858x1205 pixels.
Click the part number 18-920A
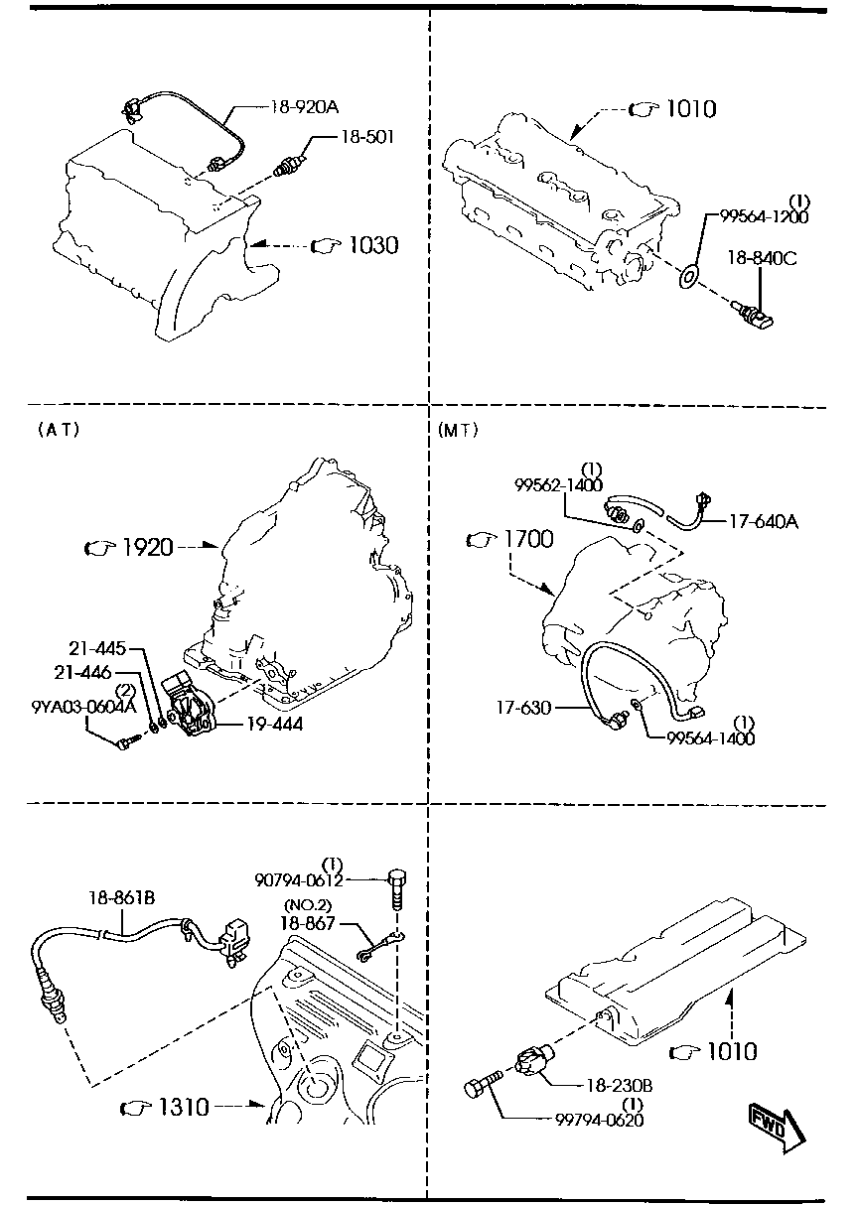click(x=304, y=107)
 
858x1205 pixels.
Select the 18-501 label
click(x=366, y=137)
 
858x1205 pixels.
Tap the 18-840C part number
click(x=762, y=258)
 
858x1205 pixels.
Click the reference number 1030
click(x=373, y=245)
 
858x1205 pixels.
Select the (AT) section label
click(x=59, y=430)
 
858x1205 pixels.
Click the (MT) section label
click(x=458, y=431)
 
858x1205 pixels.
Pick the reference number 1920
click(x=148, y=547)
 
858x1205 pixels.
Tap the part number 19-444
click(x=274, y=724)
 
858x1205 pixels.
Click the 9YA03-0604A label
click(x=83, y=707)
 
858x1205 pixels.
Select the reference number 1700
click(x=528, y=539)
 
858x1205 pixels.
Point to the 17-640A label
click(x=764, y=521)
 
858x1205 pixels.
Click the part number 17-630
click(x=523, y=708)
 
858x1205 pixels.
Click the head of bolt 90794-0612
click(x=397, y=878)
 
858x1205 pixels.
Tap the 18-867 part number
click(x=308, y=923)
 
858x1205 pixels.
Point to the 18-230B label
click(x=619, y=1086)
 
